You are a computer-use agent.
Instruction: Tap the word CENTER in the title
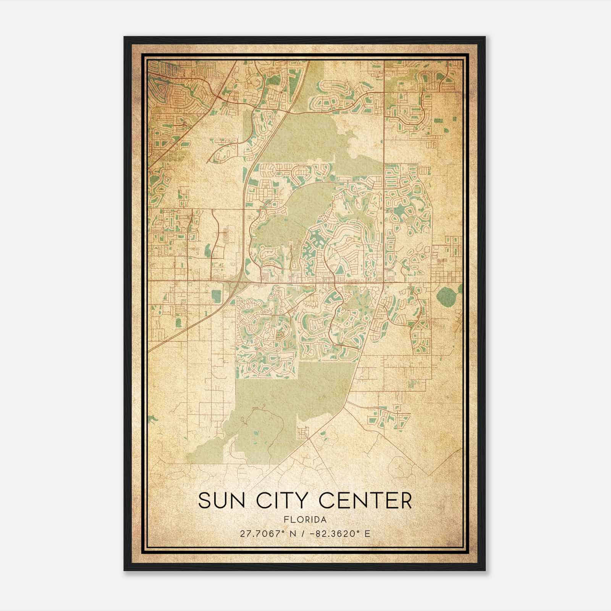[x=365, y=501]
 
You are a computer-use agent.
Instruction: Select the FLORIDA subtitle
[x=305, y=519]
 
